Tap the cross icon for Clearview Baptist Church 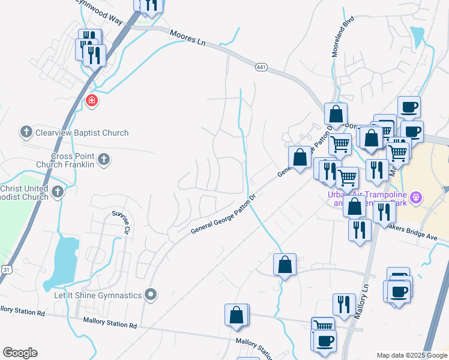click(x=26, y=131)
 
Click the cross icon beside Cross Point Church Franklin click(x=104, y=159)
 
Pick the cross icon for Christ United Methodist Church click(x=57, y=191)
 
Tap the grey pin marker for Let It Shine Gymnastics click(x=151, y=295)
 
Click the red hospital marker click(x=92, y=100)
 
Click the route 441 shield click(x=261, y=67)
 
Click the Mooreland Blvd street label click(x=343, y=37)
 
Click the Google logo click(x=20, y=353)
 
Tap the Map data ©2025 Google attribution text click(x=411, y=355)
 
